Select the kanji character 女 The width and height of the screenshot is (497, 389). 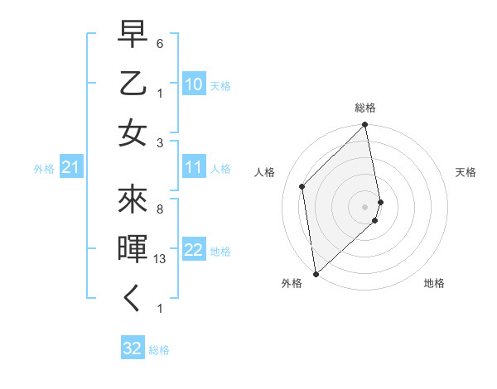tap(133, 133)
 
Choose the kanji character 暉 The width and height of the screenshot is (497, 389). tap(133, 247)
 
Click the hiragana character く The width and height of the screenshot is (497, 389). tap(133, 300)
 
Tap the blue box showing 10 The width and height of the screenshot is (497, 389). tap(194, 84)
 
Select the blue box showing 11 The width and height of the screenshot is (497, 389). tap(194, 167)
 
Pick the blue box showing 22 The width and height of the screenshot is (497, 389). tap(194, 250)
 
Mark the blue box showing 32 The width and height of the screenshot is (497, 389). tap(133, 348)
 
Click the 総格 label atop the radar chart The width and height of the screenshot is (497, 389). tap(365, 108)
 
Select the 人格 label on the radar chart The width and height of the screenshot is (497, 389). tap(265, 172)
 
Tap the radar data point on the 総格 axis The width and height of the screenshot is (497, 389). tap(365, 126)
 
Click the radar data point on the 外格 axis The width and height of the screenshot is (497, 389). tap(316, 273)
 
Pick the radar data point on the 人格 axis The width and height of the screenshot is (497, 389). tap(302, 186)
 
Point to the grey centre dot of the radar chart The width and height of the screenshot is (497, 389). tap(365, 206)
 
